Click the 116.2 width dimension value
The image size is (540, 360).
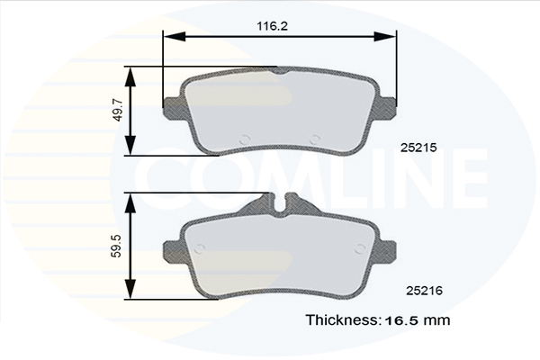272,26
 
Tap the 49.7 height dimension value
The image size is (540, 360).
118,110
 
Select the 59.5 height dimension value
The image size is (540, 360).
117,246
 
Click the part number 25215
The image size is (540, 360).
418,148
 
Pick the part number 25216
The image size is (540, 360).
424,291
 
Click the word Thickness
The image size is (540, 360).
343,320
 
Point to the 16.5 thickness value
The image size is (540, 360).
402,320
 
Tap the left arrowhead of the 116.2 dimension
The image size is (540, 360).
175,36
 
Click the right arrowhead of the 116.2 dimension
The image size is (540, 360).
384,36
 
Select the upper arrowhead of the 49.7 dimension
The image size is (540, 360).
130,76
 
